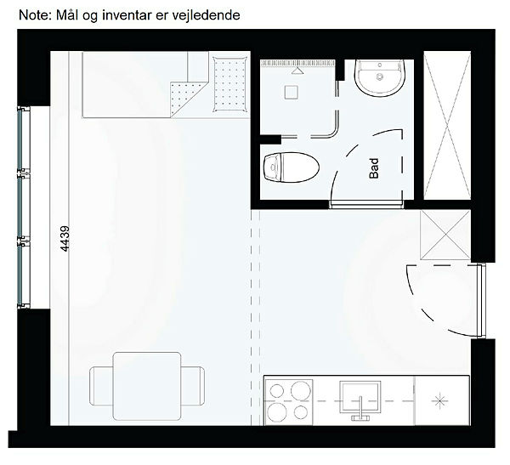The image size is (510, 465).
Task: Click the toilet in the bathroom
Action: coord(291,167)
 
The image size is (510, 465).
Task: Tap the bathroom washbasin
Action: coord(380,78)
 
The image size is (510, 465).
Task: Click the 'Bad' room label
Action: coord(374,168)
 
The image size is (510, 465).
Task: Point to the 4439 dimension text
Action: coord(65,239)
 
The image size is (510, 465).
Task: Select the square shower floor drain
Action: coord(291,92)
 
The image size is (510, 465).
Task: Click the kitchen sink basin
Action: coord(360,397)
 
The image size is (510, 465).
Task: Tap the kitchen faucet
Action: coord(360,409)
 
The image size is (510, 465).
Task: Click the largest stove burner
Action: coord(276,412)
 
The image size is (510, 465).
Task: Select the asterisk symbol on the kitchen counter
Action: coord(439,401)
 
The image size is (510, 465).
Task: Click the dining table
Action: coord(147,386)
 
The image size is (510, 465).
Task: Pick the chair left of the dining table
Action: coord(101,386)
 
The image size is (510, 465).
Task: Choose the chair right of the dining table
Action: coord(193,386)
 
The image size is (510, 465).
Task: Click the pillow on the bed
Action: coord(230,85)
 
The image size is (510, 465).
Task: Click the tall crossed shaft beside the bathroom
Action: coord(447,125)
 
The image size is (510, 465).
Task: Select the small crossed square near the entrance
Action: coord(445,235)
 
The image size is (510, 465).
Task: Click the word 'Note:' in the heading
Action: coord(36,15)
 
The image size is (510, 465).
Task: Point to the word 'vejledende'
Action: coord(206,15)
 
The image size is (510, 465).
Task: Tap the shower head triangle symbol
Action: coord(297,71)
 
